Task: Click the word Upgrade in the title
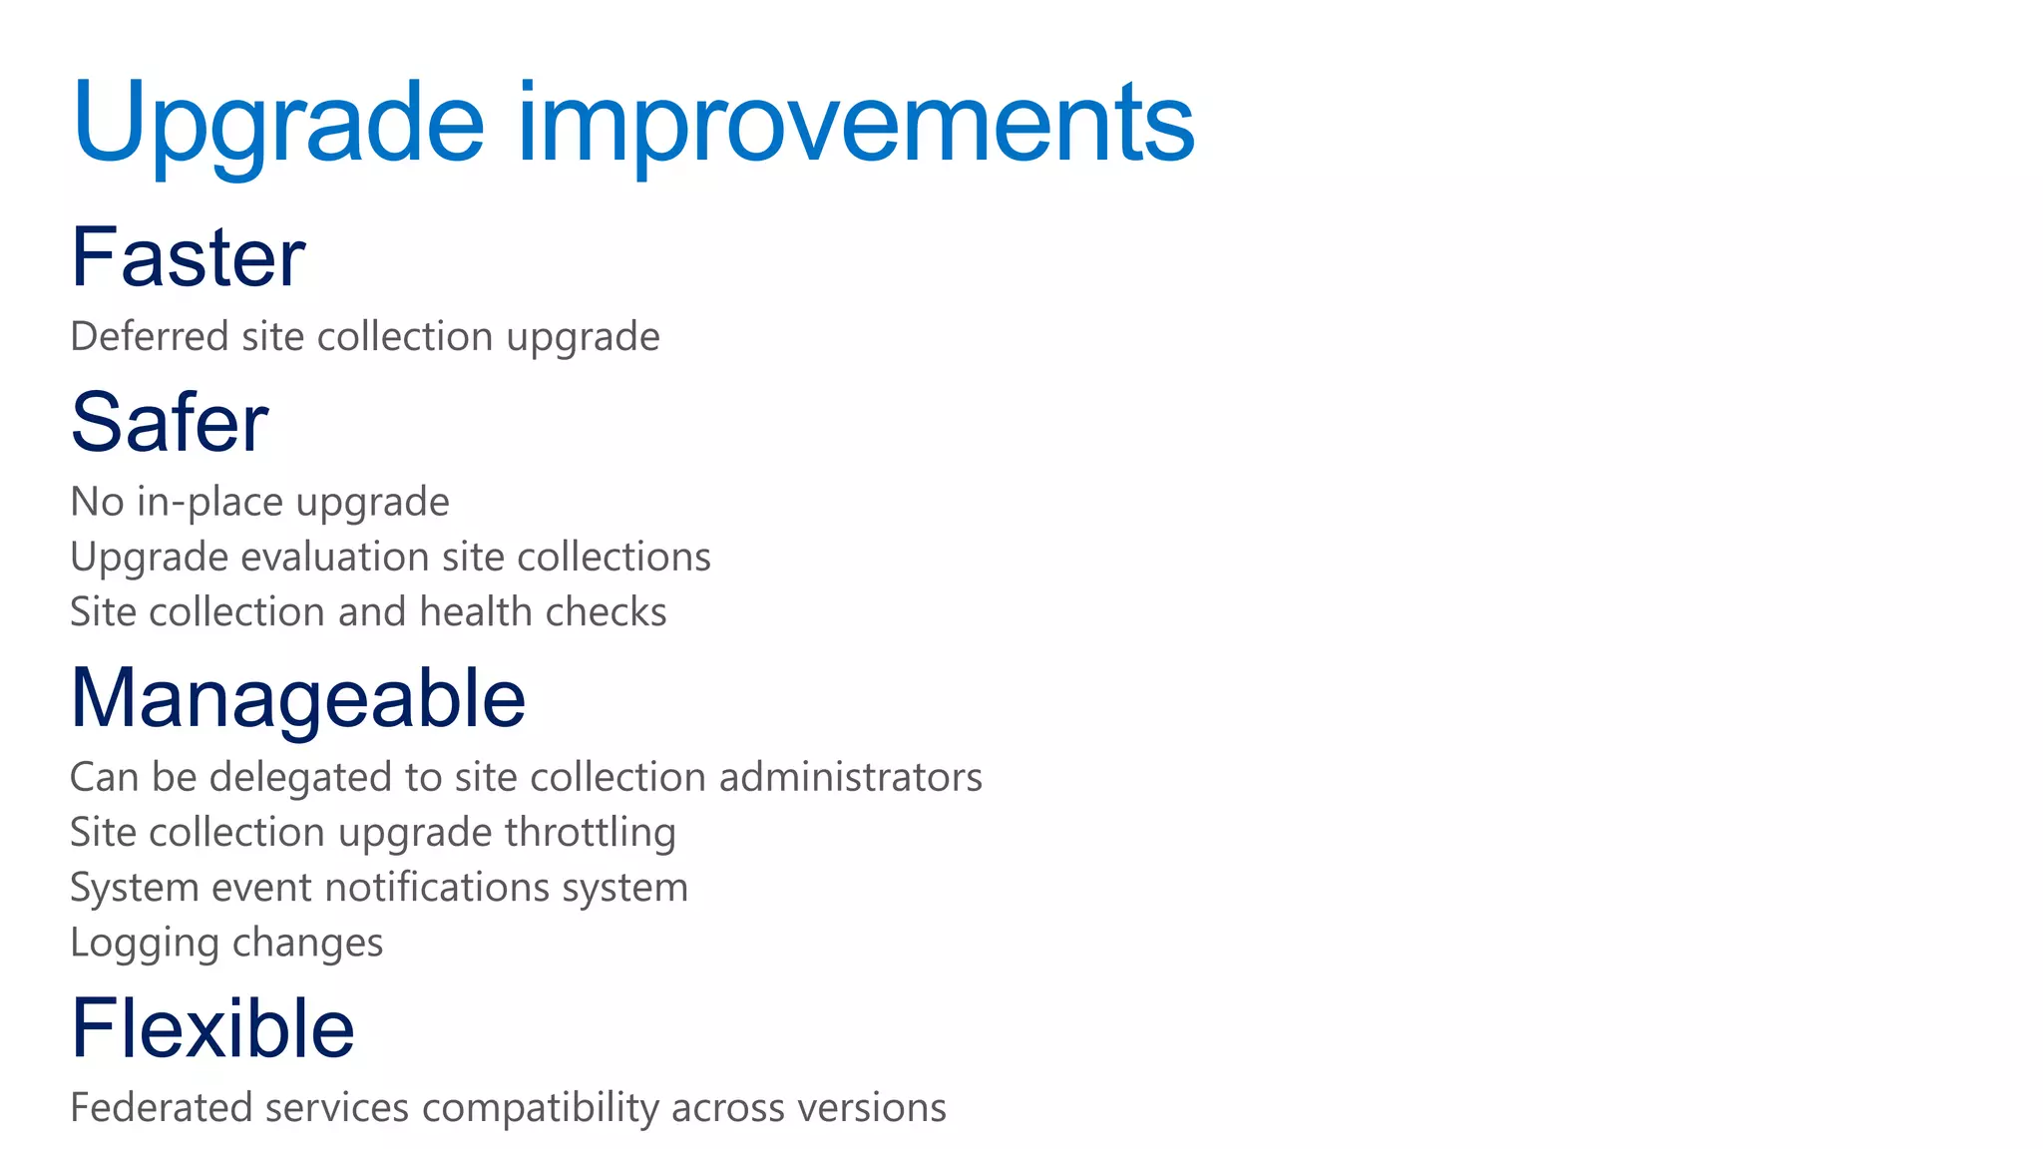click(277, 125)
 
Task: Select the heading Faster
click(188, 257)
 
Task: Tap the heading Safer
click(170, 423)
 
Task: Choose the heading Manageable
click(297, 698)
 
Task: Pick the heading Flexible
click(212, 1028)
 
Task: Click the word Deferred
click(150, 337)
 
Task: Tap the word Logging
click(145, 944)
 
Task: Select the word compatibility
click(541, 1108)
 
